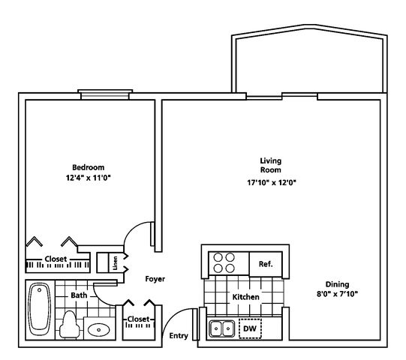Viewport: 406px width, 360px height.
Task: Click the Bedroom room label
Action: coord(89,167)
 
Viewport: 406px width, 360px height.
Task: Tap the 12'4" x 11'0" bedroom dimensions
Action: coord(89,178)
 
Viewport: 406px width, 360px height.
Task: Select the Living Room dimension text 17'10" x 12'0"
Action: coord(272,183)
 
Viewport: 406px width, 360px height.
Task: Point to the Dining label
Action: coord(337,284)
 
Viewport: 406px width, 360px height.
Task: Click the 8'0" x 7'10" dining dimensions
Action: coord(337,294)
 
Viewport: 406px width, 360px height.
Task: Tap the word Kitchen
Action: coord(245,297)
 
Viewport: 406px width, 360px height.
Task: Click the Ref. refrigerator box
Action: coord(266,264)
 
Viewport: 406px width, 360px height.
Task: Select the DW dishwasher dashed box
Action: coord(250,328)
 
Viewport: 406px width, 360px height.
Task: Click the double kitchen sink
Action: coord(222,328)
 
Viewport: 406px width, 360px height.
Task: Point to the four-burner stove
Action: coord(224,263)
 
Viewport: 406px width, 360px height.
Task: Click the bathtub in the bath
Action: coord(39,310)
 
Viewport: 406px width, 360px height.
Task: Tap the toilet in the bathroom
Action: coord(69,325)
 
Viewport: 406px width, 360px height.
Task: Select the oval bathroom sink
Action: coord(98,330)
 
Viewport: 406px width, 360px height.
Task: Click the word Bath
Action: coord(79,295)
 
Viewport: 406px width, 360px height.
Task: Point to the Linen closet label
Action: coord(116,263)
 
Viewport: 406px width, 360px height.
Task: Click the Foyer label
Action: coord(155,279)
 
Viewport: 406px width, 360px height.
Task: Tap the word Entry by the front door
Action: coord(179,336)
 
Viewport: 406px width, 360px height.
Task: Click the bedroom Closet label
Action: coord(56,259)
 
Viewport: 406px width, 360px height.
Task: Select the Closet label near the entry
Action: coord(139,319)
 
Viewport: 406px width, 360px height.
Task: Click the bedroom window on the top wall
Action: coord(105,94)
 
